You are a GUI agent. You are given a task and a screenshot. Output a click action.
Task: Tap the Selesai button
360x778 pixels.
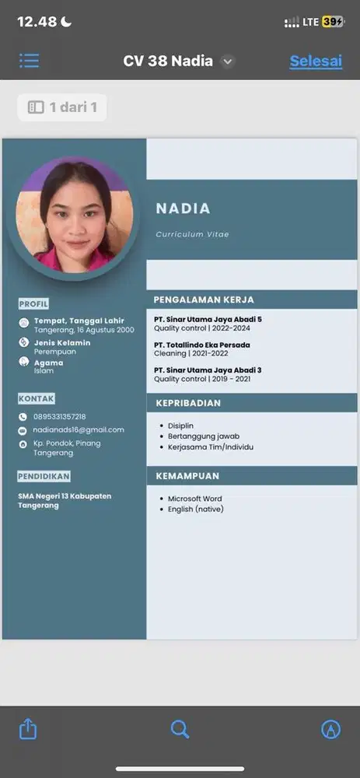pyautogui.click(x=316, y=61)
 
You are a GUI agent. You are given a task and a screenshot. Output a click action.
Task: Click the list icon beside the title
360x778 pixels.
pyautogui.click(x=30, y=61)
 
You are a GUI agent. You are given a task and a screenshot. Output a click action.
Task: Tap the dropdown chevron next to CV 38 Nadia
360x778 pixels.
pyautogui.click(x=227, y=61)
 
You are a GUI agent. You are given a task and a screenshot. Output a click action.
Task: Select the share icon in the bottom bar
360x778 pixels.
pyautogui.click(x=28, y=728)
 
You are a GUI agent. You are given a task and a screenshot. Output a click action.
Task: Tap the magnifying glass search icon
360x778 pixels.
pyautogui.click(x=180, y=728)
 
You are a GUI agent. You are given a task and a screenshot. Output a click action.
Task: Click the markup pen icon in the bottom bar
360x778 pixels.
pyautogui.click(x=331, y=728)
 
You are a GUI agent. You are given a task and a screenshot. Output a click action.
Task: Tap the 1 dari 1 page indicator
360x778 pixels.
pyautogui.click(x=63, y=107)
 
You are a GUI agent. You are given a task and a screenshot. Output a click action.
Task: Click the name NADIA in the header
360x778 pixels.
pyautogui.click(x=183, y=209)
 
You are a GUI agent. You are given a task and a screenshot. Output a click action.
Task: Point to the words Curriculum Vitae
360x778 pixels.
pyautogui.click(x=192, y=234)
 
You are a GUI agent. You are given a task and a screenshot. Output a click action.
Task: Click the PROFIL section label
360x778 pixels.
pyautogui.click(x=33, y=303)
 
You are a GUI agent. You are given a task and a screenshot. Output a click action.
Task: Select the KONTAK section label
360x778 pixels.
pyautogui.click(x=36, y=398)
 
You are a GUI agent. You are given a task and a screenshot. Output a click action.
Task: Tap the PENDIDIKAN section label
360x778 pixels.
pyautogui.click(x=44, y=475)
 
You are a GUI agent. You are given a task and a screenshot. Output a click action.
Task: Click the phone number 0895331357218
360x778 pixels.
pyautogui.click(x=59, y=417)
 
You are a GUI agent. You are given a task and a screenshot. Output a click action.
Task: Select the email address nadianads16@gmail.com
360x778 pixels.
pyautogui.click(x=79, y=429)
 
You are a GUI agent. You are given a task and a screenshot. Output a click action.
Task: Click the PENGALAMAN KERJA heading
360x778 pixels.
pyautogui.click(x=204, y=300)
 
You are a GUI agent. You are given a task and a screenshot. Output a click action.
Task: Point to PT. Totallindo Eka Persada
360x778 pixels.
pyautogui.click(x=202, y=345)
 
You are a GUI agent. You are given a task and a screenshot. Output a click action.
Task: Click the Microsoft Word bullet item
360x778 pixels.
pyautogui.click(x=195, y=499)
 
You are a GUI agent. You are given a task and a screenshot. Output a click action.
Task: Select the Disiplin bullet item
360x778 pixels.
pyautogui.click(x=182, y=426)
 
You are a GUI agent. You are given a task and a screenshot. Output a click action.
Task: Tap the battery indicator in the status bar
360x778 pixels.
pyautogui.click(x=333, y=22)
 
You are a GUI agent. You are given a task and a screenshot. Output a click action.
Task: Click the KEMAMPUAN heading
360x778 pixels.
pyautogui.click(x=187, y=475)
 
